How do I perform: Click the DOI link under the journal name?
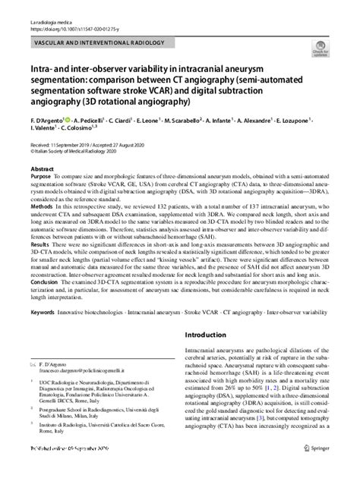tap(72, 15)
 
